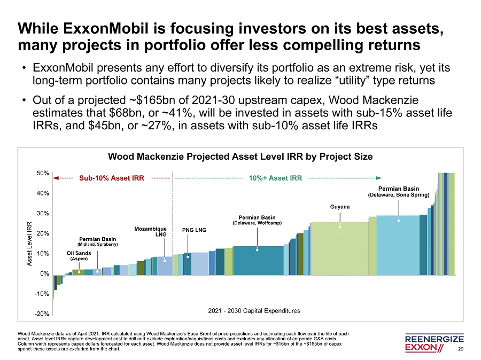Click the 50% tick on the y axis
[43, 173]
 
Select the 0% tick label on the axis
[45, 273]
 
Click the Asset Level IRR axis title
[29, 244]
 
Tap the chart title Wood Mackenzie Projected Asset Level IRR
[240, 156]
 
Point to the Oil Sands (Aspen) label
[79, 255]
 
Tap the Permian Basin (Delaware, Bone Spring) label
[398, 192]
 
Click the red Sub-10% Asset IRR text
[112, 178]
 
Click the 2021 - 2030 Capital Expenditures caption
[253, 310]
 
